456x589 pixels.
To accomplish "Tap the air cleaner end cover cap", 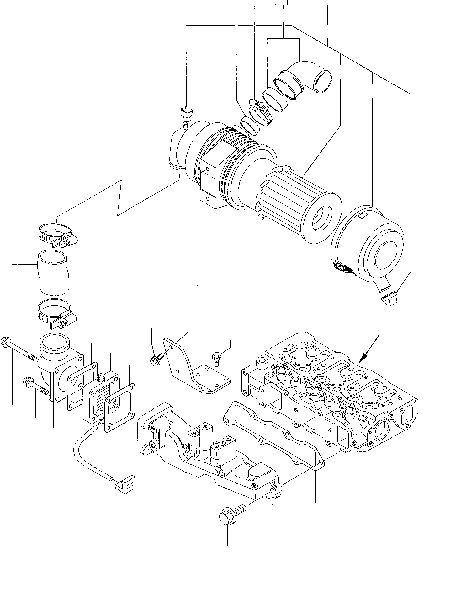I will [x=367, y=248].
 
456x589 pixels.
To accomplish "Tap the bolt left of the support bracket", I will [x=156, y=359].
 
